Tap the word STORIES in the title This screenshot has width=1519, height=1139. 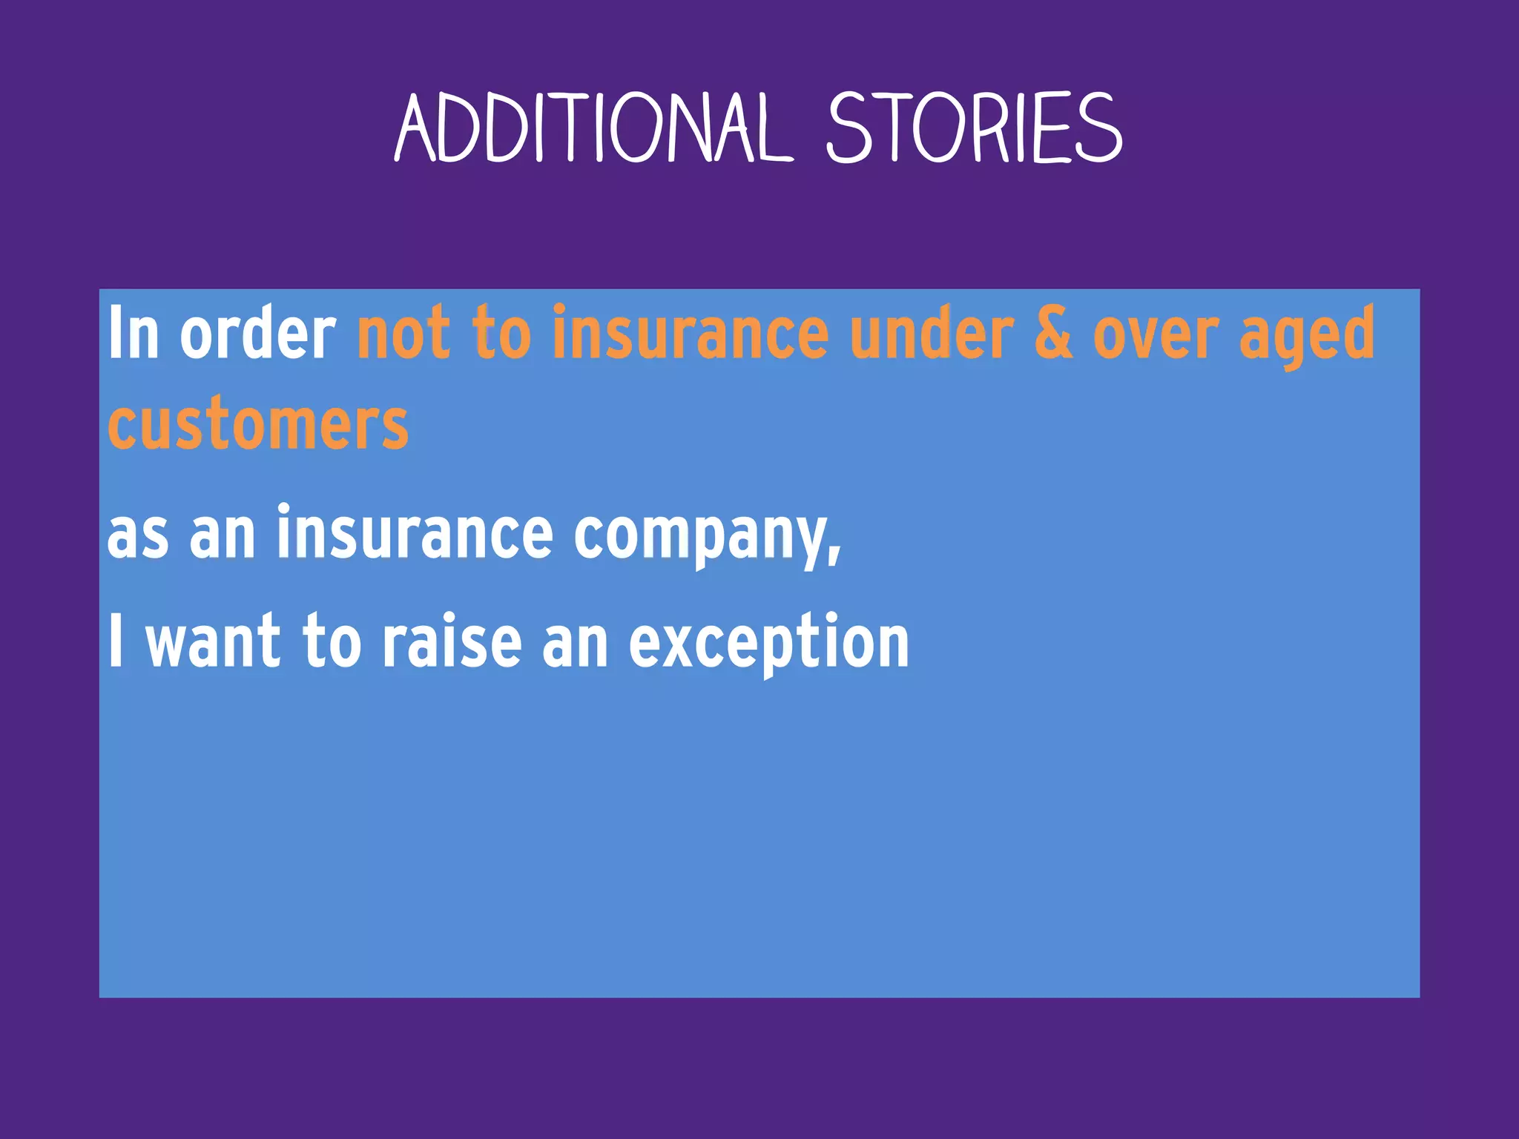974,128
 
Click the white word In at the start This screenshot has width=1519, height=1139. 134,334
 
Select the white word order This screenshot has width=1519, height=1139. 257,334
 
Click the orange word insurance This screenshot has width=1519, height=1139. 690,334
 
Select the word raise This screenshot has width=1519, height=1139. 452,641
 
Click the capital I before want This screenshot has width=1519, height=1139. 115,641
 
